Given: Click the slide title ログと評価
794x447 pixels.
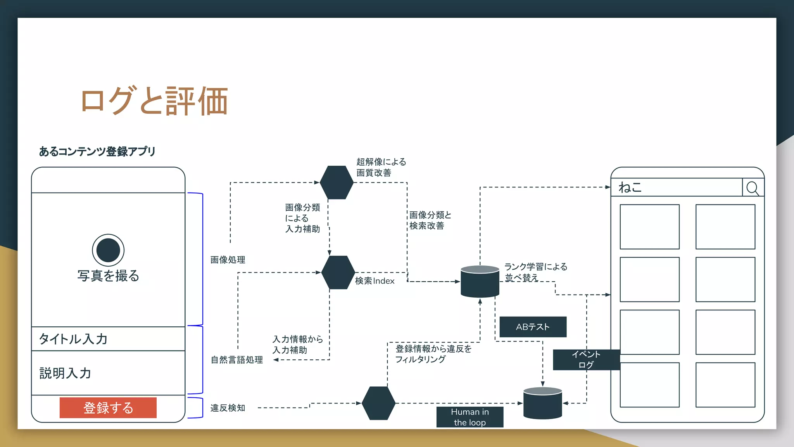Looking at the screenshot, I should [x=154, y=101].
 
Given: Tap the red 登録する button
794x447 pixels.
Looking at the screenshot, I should [x=108, y=408].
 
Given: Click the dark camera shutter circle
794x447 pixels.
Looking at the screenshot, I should [x=108, y=250].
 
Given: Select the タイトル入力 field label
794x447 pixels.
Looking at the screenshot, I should [x=73, y=339].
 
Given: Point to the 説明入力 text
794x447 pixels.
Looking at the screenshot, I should [x=65, y=373].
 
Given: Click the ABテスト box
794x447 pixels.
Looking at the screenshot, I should [x=533, y=327].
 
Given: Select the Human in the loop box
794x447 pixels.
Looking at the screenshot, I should [x=469, y=417].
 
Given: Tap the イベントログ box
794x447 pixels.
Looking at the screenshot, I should [x=586, y=360].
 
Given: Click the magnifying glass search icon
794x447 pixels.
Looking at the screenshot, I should [x=753, y=188].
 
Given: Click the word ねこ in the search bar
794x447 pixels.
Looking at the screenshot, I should [x=630, y=187].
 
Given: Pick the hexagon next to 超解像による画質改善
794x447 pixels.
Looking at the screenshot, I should [x=337, y=182].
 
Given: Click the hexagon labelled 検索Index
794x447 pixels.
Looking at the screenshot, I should [x=338, y=272].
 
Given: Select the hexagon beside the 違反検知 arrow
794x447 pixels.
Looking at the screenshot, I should [x=378, y=403].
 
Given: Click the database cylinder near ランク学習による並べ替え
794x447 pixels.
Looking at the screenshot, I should [x=480, y=282].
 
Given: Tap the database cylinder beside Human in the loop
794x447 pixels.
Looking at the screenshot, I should [x=542, y=403].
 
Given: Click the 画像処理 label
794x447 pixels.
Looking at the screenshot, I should [x=228, y=260].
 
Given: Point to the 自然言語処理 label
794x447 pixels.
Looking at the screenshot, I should [x=236, y=360].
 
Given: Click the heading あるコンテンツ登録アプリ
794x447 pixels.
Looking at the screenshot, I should [x=97, y=151].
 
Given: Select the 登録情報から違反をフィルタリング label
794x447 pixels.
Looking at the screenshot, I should [x=433, y=354].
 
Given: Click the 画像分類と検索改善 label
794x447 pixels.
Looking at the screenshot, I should [x=430, y=220].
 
